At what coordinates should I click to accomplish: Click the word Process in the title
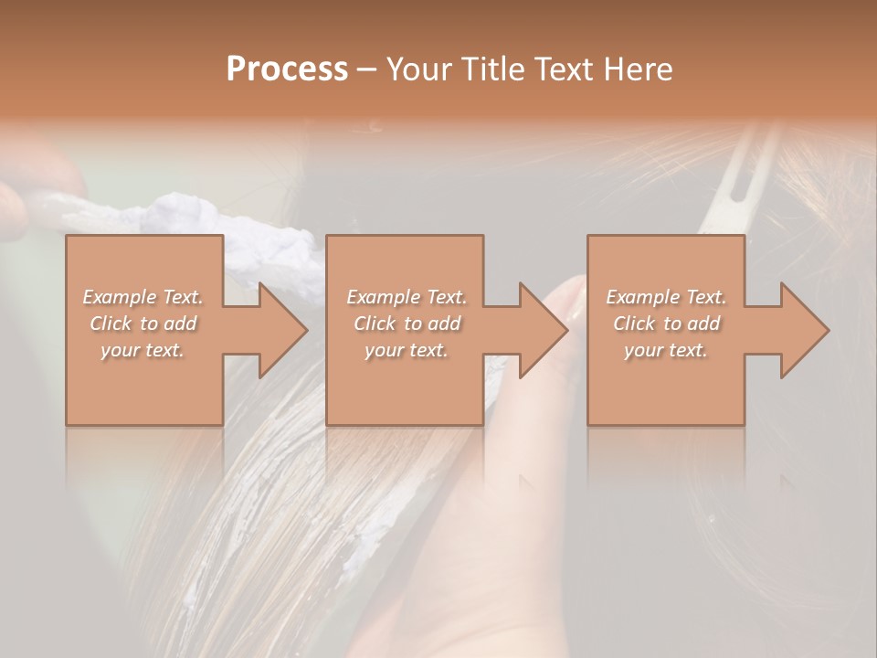tap(287, 69)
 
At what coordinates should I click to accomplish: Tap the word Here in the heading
tap(638, 69)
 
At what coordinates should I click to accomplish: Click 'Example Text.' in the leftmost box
tap(143, 297)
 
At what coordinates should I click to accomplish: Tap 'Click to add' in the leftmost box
tap(143, 324)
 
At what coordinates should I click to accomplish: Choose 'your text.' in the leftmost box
tap(143, 350)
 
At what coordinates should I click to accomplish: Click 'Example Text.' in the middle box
tap(407, 297)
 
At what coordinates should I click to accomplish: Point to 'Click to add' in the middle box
tap(407, 324)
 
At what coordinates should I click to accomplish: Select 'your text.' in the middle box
tap(407, 350)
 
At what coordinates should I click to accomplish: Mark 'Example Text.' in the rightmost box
tap(666, 297)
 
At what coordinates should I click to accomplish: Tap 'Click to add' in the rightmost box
tap(666, 324)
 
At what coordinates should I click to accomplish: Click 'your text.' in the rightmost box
tap(666, 350)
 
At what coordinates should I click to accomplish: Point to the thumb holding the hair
tap(562, 306)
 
